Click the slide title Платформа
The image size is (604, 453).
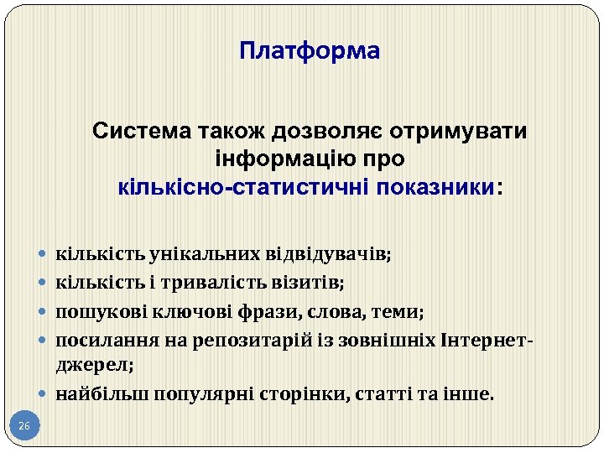pos(310,51)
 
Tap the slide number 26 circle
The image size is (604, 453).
pos(23,427)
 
